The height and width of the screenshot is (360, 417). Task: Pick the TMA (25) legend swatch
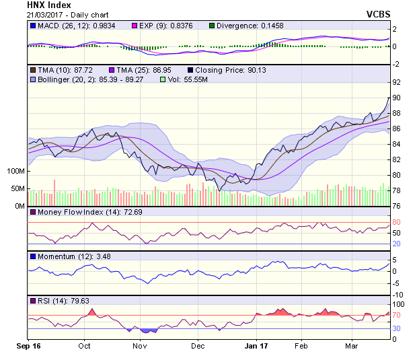112,69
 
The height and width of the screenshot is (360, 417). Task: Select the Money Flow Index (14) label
67,213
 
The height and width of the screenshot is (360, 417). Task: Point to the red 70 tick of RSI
396,315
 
